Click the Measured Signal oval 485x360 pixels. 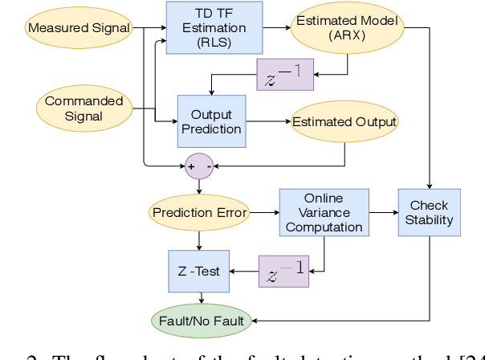tap(79, 28)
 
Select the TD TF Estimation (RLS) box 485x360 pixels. tap(214, 27)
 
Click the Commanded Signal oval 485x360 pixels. tap(84, 108)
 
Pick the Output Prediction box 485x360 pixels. tap(210, 121)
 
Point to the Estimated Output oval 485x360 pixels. tap(344, 122)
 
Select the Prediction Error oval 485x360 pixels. tap(200, 213)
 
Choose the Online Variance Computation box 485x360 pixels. tap(324, 213)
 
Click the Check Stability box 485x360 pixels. tap(430, 213)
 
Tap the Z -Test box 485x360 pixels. tap(199, 271)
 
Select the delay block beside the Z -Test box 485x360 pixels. tap(283, 271)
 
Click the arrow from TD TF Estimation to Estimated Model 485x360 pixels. tap(277, 27)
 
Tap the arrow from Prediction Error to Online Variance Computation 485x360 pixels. tap(265, 213)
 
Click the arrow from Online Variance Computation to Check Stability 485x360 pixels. tap(383, 213)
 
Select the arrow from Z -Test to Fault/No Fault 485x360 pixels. tap(199, 299)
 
